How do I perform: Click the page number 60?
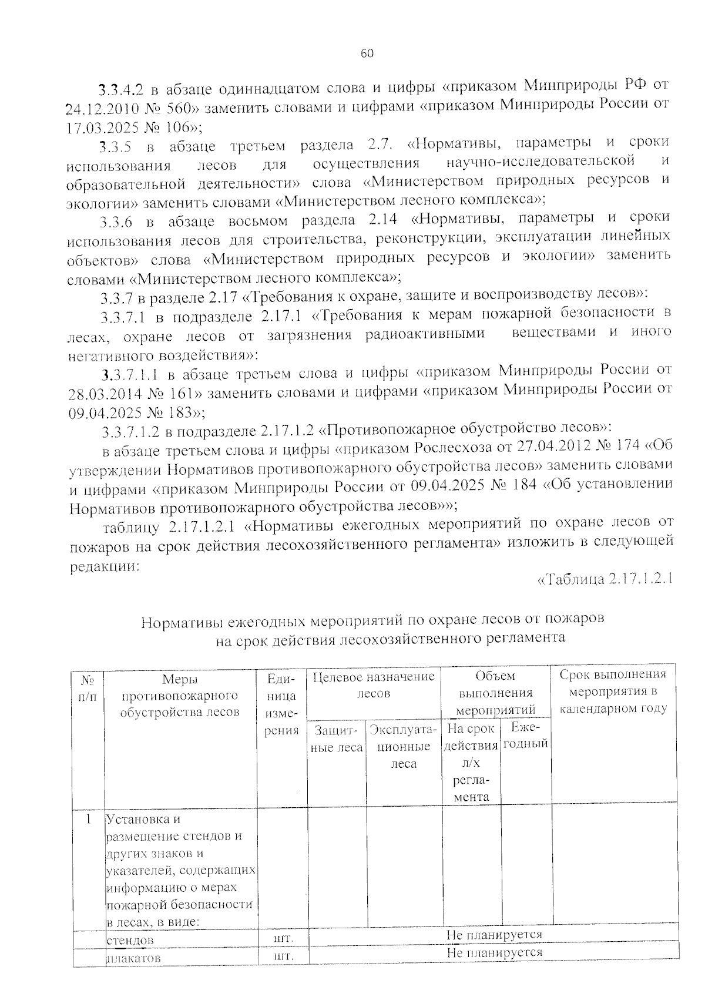click(x=367, y=53)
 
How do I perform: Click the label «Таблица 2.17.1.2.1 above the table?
click(x=605, y=579)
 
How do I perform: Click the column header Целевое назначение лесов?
click(x=374, y=685)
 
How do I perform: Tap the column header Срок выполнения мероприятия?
click(x=613, y=691)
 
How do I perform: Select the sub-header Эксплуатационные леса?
click(x=404, y=746)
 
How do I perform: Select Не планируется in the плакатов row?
click(x=494, y=952)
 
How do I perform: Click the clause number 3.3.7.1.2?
click(x=130, y=431)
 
